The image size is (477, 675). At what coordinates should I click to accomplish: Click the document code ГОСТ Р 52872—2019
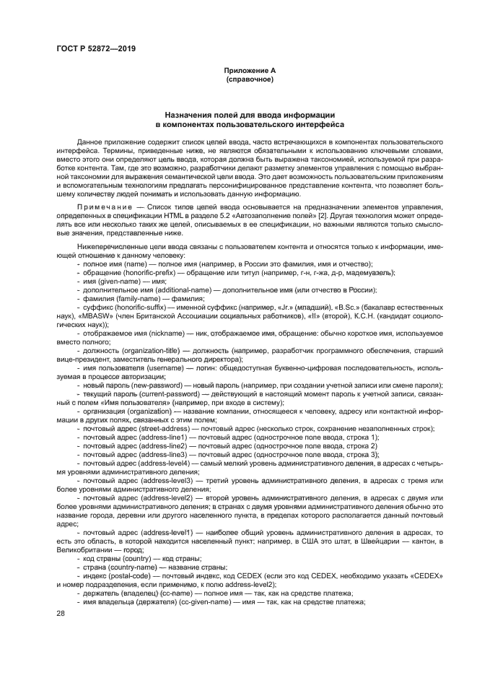click(95, 48)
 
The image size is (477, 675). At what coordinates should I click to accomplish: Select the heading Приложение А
click(249, 70)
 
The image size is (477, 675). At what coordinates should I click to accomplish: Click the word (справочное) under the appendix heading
click(249, 79)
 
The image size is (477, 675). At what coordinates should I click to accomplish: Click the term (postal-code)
click(131, 575)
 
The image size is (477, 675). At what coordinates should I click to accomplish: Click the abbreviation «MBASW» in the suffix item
click(79, 315)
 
